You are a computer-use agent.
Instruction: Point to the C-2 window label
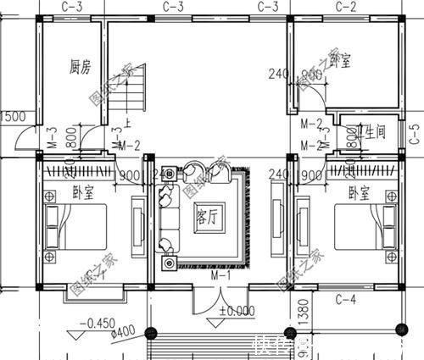[x=346, y=7]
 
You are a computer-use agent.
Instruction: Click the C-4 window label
[x=345, y=299]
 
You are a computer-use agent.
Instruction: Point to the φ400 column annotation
[x=99, y=333]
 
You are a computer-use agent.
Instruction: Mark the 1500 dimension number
[x=11, y=117]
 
